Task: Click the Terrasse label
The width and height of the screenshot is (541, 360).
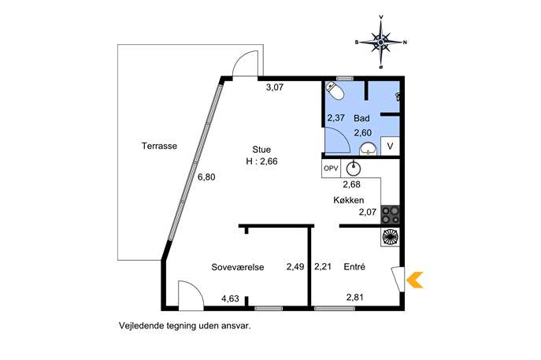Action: [159, 146]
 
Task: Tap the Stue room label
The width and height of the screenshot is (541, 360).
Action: [261, 150]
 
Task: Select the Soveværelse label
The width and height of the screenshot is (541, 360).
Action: [238, 267]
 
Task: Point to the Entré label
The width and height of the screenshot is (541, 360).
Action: [354, 267]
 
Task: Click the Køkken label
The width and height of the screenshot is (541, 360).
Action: [349, 200]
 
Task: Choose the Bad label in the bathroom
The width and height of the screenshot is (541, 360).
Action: [361, 118]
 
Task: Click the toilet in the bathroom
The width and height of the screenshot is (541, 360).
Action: [335, 91]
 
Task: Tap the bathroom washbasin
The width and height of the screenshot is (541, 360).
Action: [369, 149]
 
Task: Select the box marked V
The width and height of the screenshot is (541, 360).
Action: [390, 147]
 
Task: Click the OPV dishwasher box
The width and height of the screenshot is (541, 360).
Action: [331, 169]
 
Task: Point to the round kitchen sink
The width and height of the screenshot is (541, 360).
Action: [354, 169]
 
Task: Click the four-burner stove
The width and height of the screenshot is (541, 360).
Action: [391, 214]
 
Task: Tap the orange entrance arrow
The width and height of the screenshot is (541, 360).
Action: [415, 280]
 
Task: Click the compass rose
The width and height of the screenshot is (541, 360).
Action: [381, 42]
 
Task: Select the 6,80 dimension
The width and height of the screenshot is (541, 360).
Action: [206, 177]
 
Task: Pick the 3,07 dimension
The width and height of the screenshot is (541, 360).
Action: [275, 87]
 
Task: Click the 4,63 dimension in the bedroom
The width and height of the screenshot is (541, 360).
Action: [230, 299]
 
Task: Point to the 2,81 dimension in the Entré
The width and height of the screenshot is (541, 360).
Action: [355, 297]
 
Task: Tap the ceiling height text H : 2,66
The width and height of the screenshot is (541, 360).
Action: [262, 161]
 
